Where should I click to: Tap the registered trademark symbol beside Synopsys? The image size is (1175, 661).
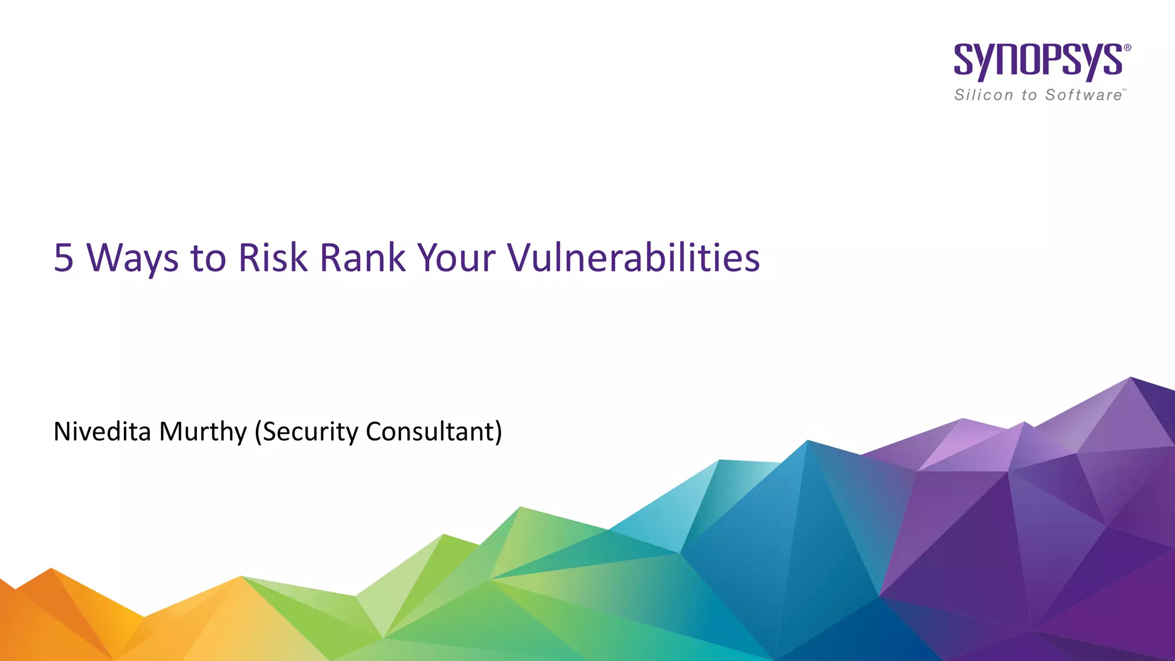pyautogui.click(x=1127, y=48)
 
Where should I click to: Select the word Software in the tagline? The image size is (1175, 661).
pyautogui.click(x=1083, y=95)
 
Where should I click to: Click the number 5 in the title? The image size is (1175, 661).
pyautogui.click(x=64, y=258)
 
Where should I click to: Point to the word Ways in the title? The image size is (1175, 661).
pyautogui.click(x=133, y=258)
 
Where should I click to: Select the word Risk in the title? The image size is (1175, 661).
pyautogui.click(x=273, y=258)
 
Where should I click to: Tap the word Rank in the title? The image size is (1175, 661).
pyautogui.click(x=363, y=258)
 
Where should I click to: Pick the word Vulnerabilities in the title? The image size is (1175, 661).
pyautogui.click(x=633, y=258)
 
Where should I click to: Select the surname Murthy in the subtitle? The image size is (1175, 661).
pyautogui.click(x=203, y=431)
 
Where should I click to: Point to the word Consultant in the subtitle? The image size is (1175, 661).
pyautogui.click(x=433, y=431)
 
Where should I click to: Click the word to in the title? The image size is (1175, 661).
pyautogui.click(x=208, y=258)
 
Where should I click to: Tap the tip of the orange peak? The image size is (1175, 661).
pyautogui.click(x=51, y=569)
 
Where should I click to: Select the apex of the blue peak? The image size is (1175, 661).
pyautogui.click(x=807, y=441)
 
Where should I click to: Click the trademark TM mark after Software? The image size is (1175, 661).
pyautogui.click(x=1125, y=91)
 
